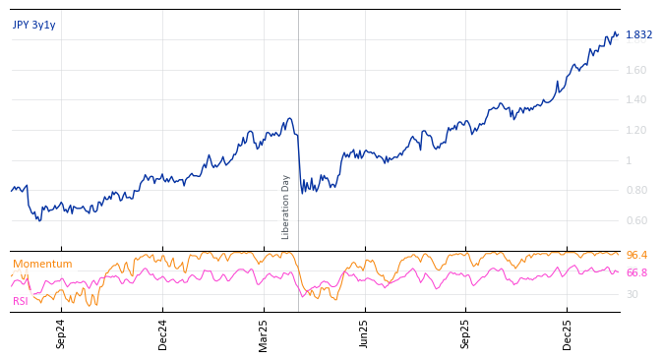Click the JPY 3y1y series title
click(34, 26)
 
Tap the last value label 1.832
click(638, 35)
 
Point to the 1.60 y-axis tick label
click(636, 70)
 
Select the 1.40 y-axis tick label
click(636, 100)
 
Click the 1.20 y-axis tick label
click(636, 131)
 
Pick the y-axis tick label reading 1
click(630, 160)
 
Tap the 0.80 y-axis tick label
click(636, 191)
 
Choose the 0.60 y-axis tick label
click(636, 221)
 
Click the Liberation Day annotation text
click(286, 207)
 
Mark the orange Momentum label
click(42, 265)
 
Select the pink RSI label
click(21, 301)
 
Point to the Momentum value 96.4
click(636, 256)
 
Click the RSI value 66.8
click(636, 273)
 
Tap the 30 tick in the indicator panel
click(632, 294)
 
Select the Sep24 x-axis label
click(61, 333)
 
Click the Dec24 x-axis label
click(163, 333)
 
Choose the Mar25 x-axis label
click(264, 333)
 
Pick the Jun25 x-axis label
click(364, 333)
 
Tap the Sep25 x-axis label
click(465, 333)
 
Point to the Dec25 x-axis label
click(567, 333)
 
